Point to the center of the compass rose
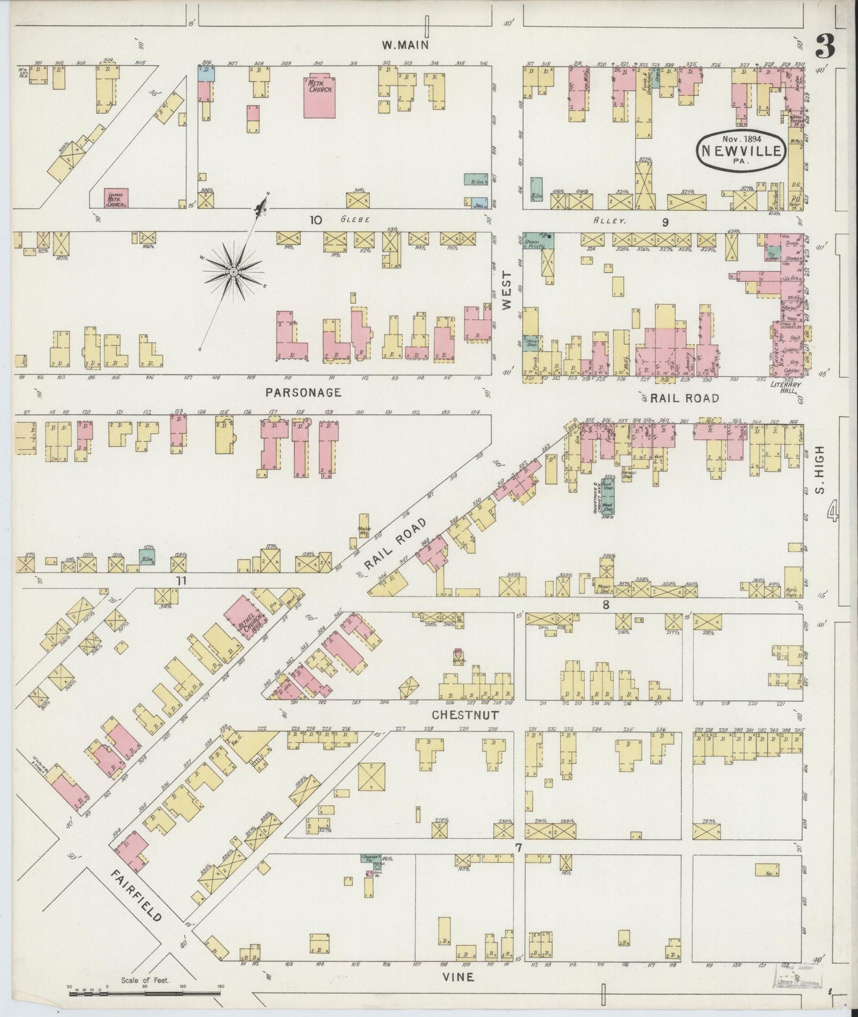click(x=233, y=272)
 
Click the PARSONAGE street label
click(x=303, y=392)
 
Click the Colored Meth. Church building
click(x=116, y=198)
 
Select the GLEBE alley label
click(x=355, y=220)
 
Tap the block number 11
click(x=181, y=580)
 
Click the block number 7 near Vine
click(x=518, y=848)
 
